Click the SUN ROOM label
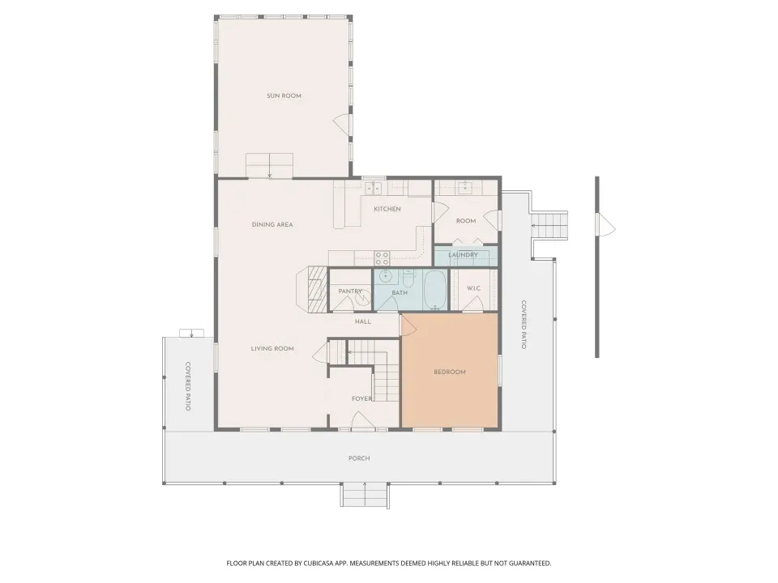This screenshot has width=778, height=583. coord(284,96)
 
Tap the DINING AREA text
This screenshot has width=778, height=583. coord(272,224)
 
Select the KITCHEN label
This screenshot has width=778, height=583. coord(387,209)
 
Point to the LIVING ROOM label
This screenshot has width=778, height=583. coord(272,348)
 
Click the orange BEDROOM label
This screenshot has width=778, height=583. coord(450,372)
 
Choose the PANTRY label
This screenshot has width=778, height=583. coord(350,291)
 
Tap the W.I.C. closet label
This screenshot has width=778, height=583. coord(474,288)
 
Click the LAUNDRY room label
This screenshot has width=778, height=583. coord(463,255)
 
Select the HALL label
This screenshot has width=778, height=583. coord(363,321)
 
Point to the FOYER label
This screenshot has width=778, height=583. coord(362,398)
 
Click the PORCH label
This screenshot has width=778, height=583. coord(359,458)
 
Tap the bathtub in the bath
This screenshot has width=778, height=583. coord(436,290)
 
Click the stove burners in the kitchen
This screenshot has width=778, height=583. coord(382,257)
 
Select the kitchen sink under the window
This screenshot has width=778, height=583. coord(373,188)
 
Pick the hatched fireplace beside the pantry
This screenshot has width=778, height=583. coord(317,290)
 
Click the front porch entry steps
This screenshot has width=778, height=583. coord(365,494)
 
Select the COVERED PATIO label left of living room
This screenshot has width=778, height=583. coord(188,386)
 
